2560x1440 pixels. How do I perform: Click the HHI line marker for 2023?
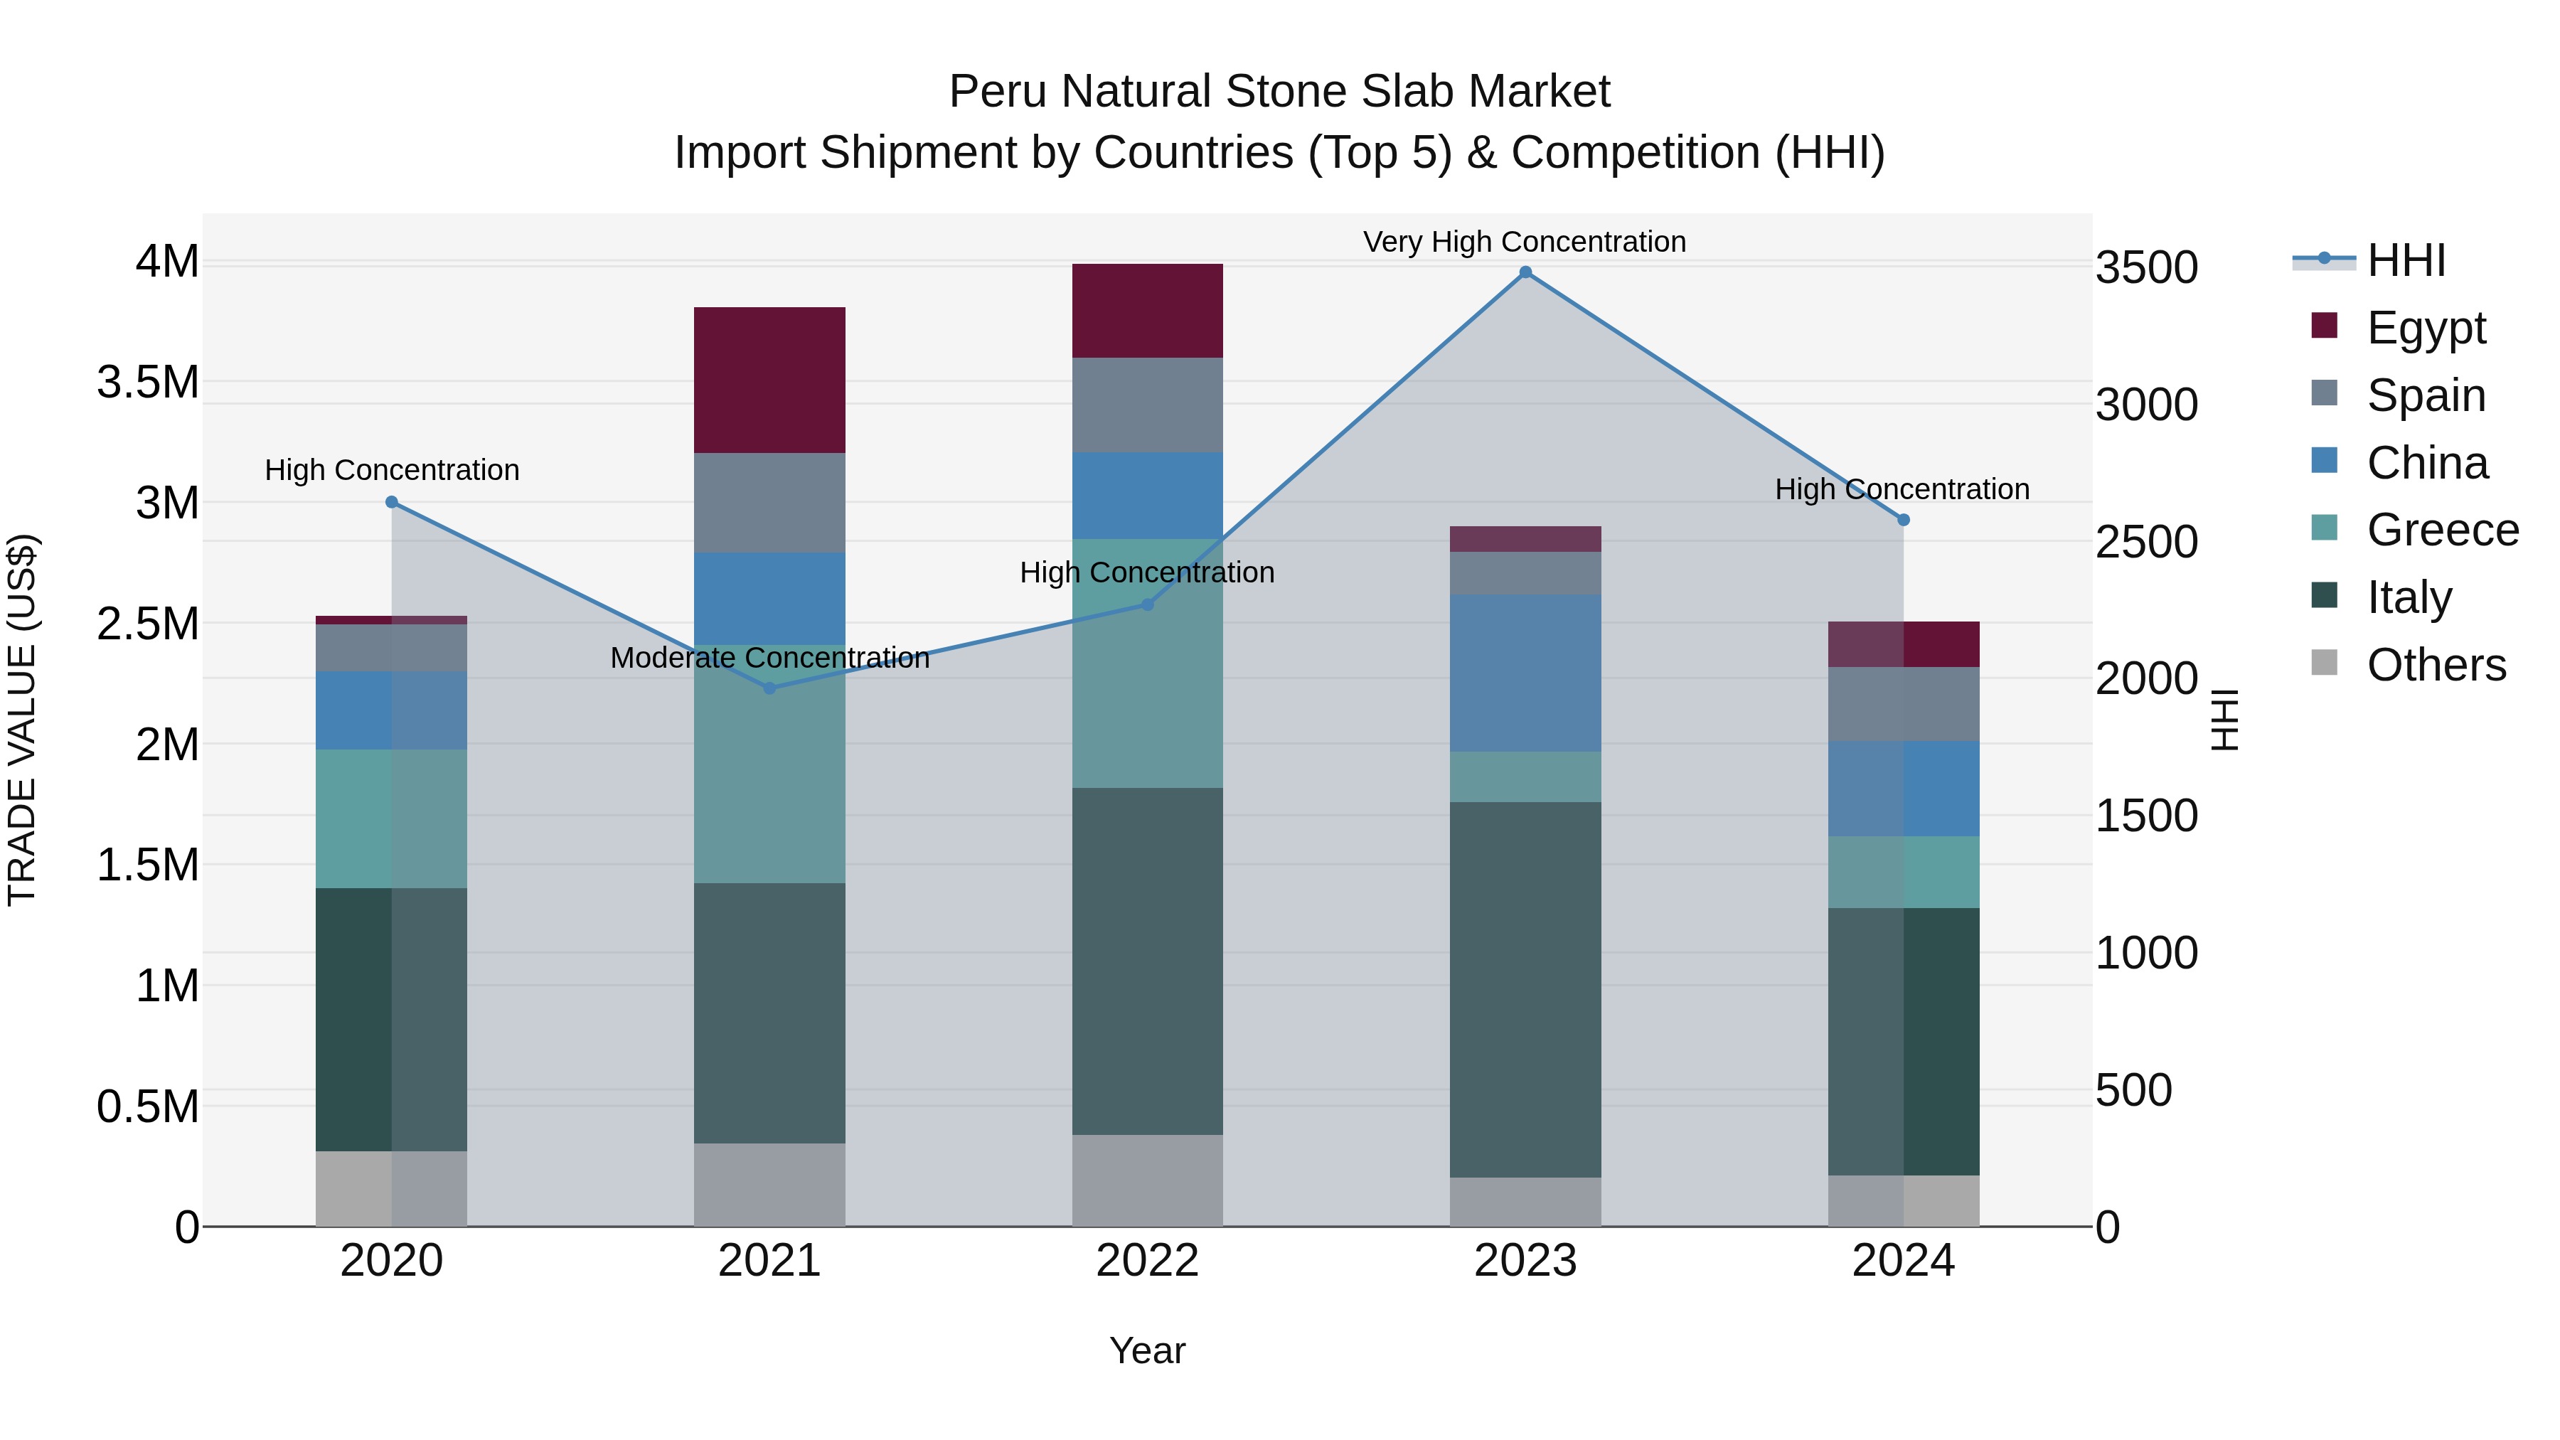1525,272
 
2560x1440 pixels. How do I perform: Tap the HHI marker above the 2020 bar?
392,503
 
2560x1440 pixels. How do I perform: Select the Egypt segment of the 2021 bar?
769,380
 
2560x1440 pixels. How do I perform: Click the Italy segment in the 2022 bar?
1147,960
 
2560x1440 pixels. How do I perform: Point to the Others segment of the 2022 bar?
1147,1180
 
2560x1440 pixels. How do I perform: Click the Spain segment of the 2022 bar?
1147,405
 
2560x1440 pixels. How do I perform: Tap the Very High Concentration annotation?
1525,242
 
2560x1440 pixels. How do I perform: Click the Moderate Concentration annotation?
769,658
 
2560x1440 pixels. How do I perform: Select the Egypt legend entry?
2425,327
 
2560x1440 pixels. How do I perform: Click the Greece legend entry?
2442,530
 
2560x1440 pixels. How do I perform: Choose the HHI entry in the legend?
2405,260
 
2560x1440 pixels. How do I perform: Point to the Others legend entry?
2435,665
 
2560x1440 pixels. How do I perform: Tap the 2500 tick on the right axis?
2147,543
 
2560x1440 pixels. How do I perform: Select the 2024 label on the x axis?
1903,1261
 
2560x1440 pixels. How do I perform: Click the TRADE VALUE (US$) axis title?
23,720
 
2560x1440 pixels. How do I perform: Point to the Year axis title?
1147,1350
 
